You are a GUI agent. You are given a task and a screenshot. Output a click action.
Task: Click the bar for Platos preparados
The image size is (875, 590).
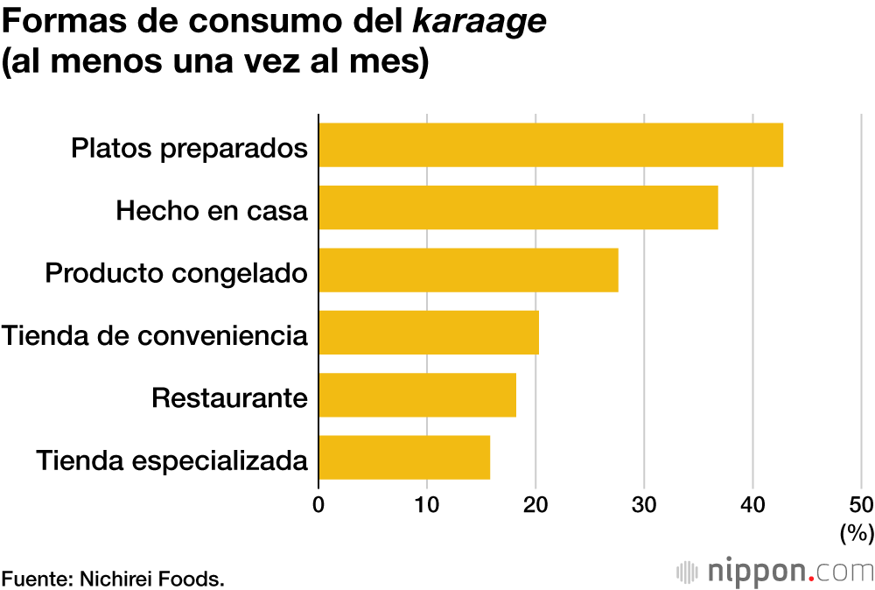tap(550, 145)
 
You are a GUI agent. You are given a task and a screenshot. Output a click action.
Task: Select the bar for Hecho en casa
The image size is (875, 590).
tap(518, 207)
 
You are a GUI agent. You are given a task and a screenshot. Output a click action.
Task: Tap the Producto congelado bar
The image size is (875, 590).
tap(468, 270)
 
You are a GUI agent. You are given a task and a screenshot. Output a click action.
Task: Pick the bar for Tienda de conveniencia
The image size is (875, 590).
tap(429, 333)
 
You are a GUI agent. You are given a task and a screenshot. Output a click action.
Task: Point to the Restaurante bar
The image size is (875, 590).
tap(417, 395)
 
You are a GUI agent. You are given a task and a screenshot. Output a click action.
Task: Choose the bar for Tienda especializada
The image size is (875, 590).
tap(404, 457)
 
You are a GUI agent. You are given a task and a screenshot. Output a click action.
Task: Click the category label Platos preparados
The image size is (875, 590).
tap(189, 147)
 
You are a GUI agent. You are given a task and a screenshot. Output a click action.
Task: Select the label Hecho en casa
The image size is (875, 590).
tap(212, 210)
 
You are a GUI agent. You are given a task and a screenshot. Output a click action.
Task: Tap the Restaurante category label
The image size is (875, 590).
tap(229, 397)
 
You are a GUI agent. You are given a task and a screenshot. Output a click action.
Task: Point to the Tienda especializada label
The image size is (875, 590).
tap(172, 460)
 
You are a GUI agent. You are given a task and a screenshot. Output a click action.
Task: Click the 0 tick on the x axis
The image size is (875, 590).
tap(318, 504)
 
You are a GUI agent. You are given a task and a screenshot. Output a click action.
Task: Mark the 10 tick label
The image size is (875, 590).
tap(426, 504)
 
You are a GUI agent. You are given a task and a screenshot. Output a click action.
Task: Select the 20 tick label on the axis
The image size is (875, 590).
tap(535, 504)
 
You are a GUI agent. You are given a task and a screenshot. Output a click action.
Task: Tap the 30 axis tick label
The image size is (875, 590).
tap(644, 504)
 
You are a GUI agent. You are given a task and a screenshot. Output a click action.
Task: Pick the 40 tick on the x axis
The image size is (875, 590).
tap(752, 504)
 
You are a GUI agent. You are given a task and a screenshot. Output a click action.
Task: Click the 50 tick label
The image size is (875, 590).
tap(861, 504)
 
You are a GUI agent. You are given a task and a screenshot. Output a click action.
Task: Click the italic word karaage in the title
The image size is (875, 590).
tap(479, 24)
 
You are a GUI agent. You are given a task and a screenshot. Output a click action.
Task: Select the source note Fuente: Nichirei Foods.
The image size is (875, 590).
tap(113, 578)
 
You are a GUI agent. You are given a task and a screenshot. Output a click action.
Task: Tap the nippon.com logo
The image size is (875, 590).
tap(775, 572)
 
